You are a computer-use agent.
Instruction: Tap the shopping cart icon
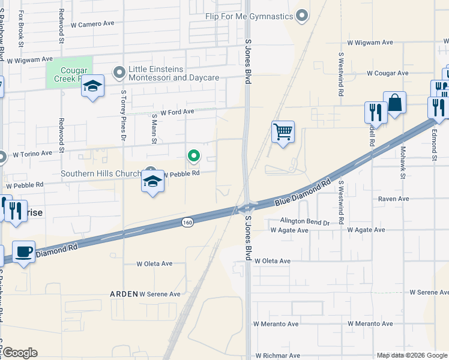tap(283, 131)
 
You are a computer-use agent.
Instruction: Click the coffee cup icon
tap(23, 251)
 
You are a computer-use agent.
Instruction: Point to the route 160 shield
tap(187, 222)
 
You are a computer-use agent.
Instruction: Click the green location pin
tap(194, 157)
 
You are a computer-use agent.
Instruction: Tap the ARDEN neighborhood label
tap(124, 294)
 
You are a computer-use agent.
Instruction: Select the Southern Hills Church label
tap(101, 174)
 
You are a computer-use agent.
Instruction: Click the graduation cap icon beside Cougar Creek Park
tap(92, 86)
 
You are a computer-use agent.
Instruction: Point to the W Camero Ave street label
tap(92, 25)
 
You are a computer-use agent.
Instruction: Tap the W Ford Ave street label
tap(173, 112)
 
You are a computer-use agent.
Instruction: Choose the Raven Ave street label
tap(393, 199)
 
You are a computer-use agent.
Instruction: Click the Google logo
tap(20, 353)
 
